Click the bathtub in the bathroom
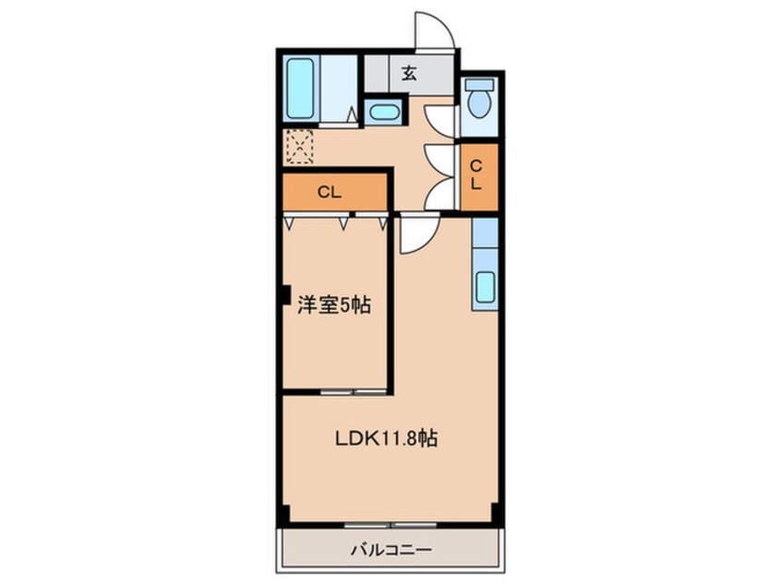tap(300, 90)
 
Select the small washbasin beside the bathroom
tap(381, 114)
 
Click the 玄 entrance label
tap(408, 74)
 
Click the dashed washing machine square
tap(300, 146)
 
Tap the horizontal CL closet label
tap(330, 193)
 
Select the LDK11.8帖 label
tap(385, 439)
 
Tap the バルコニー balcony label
tap(390, 551)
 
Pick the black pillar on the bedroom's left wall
tap(283, 297)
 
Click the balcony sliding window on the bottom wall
tap(390, 524)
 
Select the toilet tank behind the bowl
tap(478, 84)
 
